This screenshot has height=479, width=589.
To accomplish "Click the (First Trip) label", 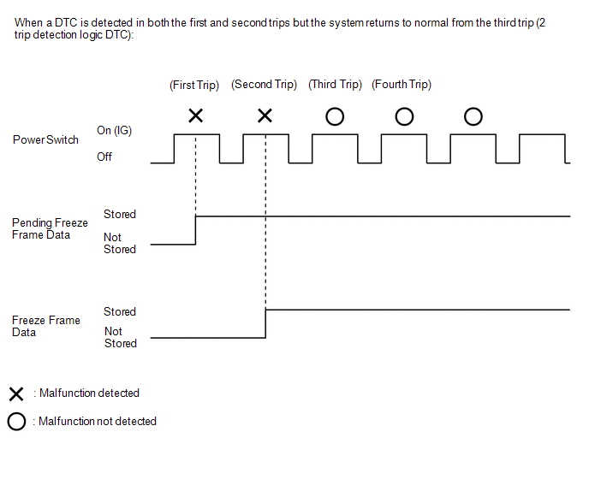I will click(194, 85).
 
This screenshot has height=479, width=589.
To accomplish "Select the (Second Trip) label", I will click(265, 85).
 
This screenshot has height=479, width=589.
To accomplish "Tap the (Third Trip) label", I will click(335, 85).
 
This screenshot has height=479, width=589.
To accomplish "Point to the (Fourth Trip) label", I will click(402, 85).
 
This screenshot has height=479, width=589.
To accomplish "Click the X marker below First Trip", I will click(195, 115).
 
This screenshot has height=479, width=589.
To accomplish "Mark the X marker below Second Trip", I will click(265, 115).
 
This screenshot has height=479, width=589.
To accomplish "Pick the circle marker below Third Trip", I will click(335, 116).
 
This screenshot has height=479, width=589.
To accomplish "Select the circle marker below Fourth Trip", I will click(404, 116).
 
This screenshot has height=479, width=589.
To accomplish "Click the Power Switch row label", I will click(45, 140).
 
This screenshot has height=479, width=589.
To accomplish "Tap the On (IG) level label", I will click(115, 130).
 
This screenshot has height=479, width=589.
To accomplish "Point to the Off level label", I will click(104, 157).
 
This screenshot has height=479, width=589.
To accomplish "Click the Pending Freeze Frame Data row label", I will click(50, 228).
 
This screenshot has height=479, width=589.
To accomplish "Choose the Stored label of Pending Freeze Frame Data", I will click(120, 214).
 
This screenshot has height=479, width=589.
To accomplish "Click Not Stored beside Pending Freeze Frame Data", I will click(120, 243).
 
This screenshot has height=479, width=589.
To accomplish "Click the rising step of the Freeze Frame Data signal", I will click(265, 323).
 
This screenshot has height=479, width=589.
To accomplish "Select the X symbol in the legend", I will click(15, 394).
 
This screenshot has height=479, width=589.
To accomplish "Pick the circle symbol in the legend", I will click(15, 422).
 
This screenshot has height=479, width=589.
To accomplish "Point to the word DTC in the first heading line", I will click(65, 22).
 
